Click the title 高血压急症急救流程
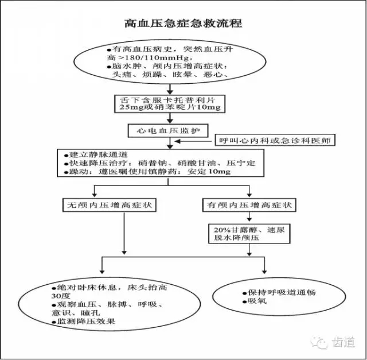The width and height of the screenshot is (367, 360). (x=183, y=24)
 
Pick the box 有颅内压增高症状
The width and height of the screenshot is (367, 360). (x=249, y=204)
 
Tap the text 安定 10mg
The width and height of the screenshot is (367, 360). (x=213, y=172)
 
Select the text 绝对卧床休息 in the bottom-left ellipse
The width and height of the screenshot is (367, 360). (x=83, y=285)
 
